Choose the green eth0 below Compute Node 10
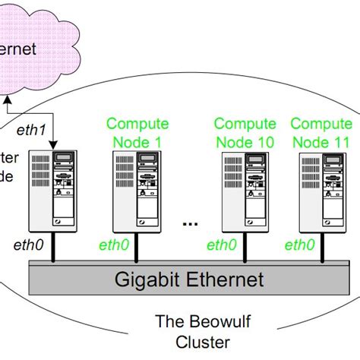coord(222,245)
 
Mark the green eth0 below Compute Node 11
coord(299,245)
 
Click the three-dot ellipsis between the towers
coord(191,225)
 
